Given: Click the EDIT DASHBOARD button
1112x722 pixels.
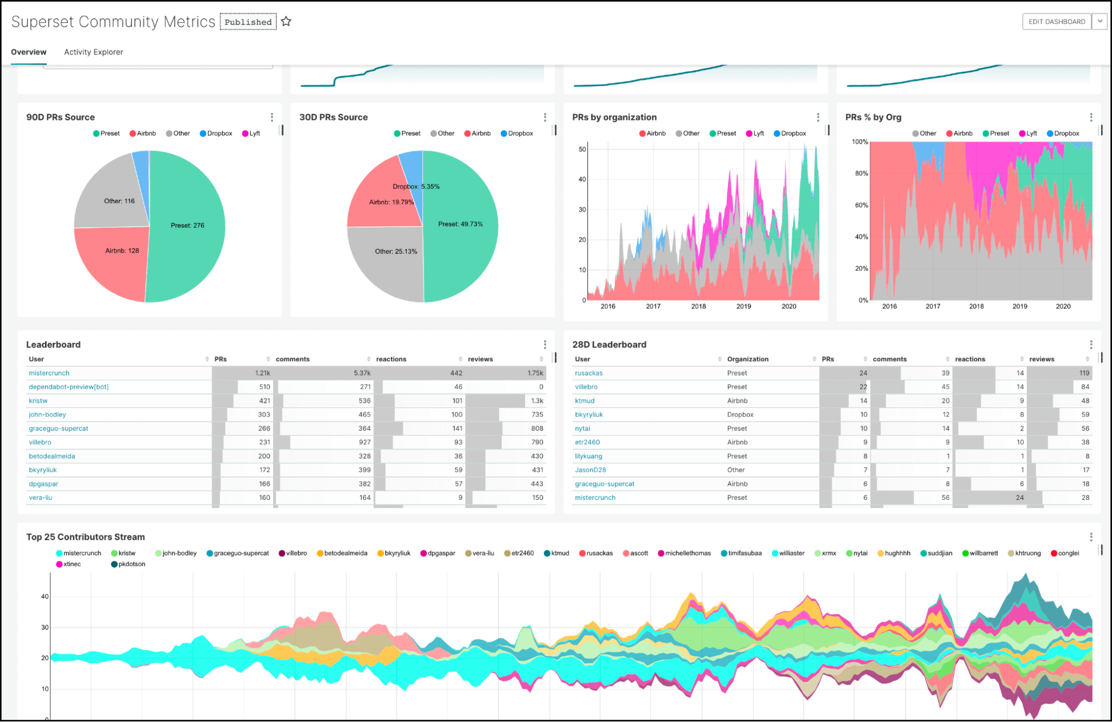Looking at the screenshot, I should point(1056,22).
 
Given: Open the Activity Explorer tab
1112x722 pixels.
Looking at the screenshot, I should point(93,52).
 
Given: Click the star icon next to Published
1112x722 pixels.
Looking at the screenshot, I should point(286,22).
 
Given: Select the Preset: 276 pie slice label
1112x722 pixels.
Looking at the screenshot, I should point(187,225).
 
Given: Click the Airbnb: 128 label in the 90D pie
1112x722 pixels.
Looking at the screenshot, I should point(122,251).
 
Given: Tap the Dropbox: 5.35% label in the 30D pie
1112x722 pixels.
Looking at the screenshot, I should point(416,186).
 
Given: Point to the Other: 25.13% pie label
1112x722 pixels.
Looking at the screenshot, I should point(396,252).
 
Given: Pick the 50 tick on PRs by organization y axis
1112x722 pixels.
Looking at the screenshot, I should point(582,149).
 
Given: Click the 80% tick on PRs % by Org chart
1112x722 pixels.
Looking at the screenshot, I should point(861,174).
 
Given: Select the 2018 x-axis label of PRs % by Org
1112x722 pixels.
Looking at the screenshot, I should point(976,307).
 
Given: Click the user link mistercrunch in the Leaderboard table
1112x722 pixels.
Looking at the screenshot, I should point(49,373).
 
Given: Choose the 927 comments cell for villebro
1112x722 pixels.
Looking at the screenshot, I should point(364,442).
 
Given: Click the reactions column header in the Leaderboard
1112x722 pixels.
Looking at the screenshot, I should point(391,359).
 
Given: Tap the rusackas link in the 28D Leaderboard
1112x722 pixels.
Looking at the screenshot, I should point(589,373).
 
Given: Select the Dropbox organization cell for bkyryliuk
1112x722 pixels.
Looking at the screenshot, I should point(740,415).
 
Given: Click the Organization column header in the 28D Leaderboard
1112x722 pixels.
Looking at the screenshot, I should point(748,359).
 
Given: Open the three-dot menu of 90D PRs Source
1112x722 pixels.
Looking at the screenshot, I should point(271,117).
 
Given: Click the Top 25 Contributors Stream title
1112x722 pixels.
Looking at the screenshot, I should point(86,537).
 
